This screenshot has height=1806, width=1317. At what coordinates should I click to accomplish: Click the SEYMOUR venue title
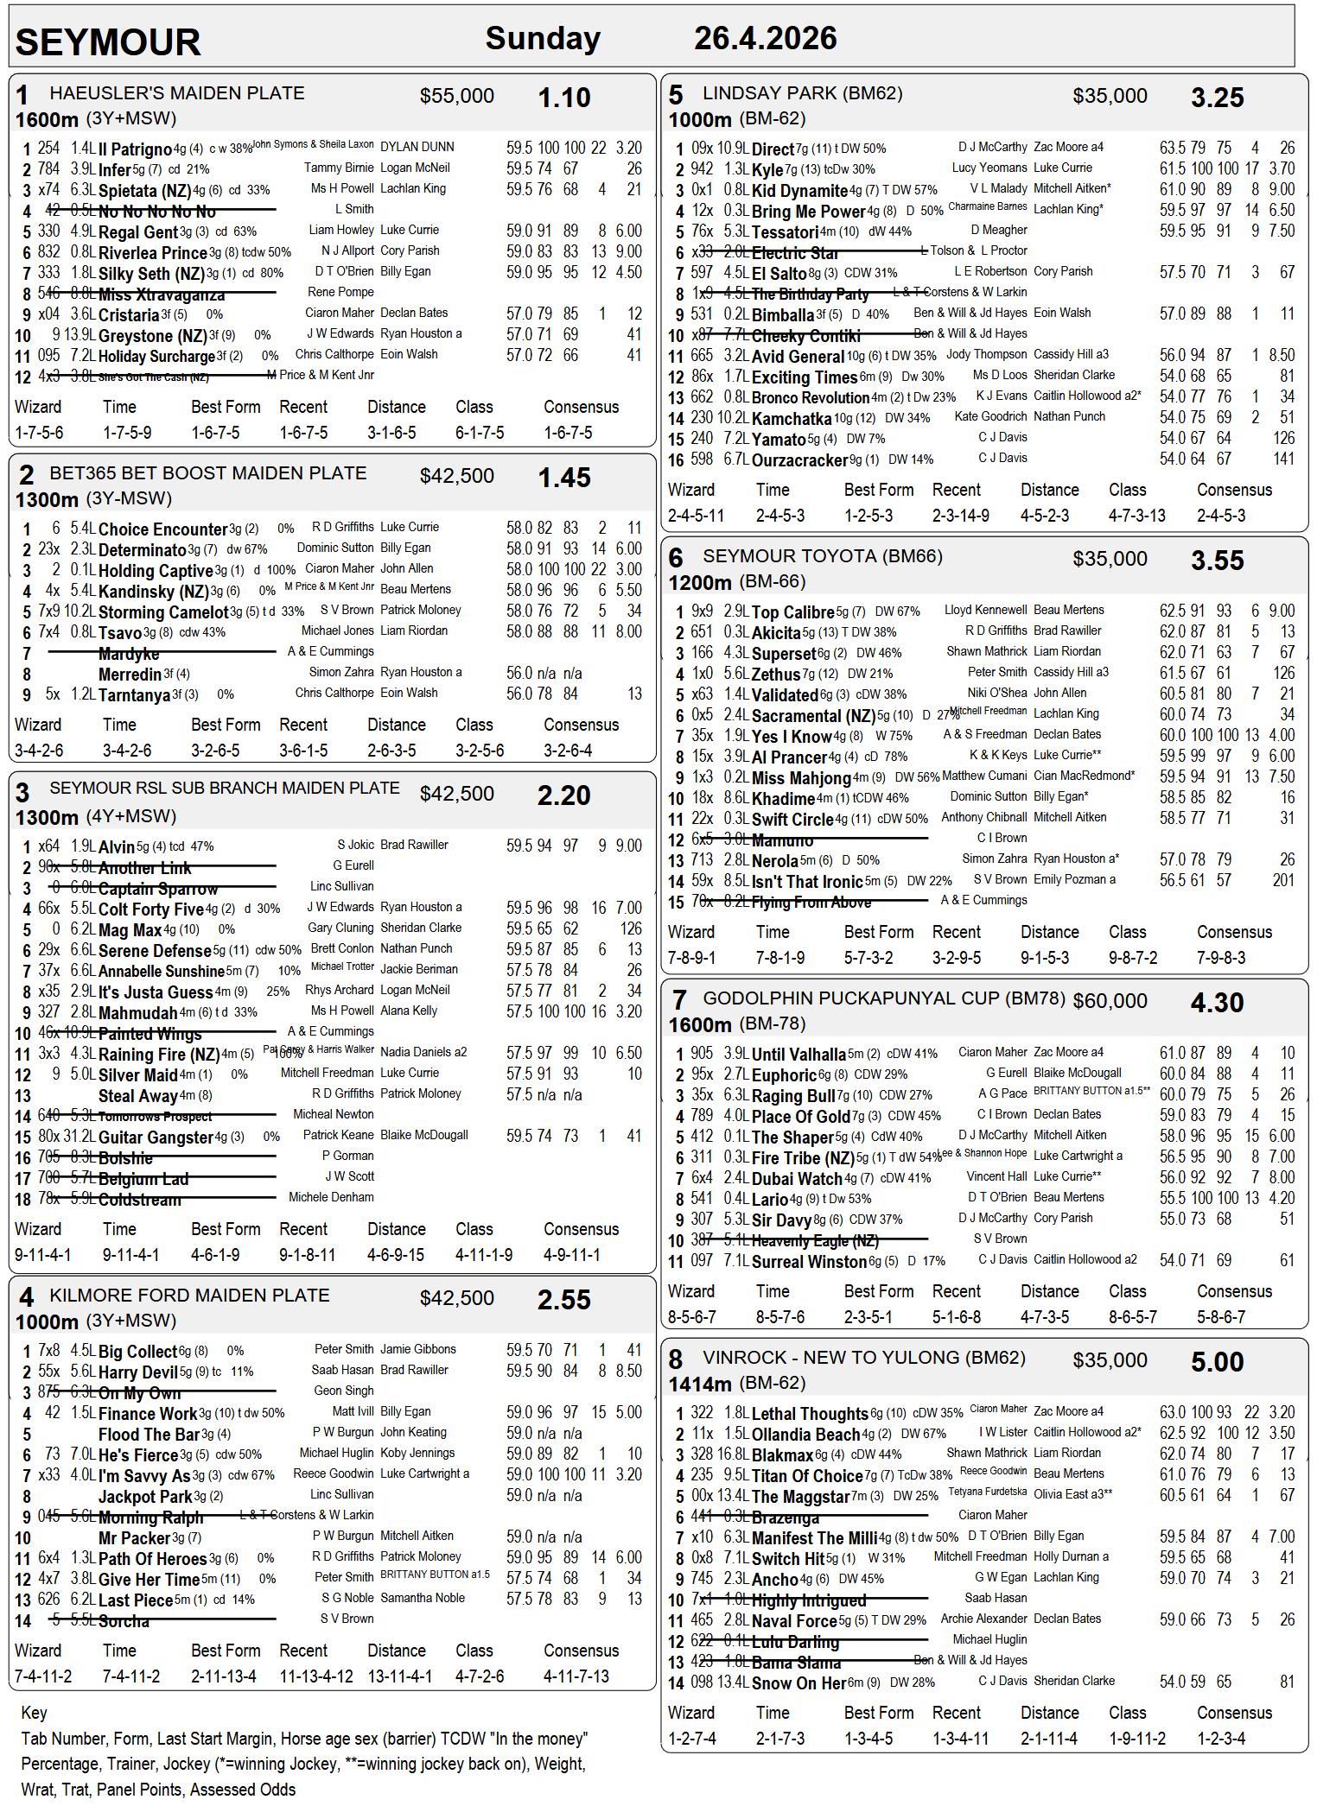click(108, 42)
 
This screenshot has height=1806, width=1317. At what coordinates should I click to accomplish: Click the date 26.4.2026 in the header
click(765, 38)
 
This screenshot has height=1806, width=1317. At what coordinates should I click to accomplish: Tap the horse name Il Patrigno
click(136, 149)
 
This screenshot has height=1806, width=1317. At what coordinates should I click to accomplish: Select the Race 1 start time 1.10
click(563, 98)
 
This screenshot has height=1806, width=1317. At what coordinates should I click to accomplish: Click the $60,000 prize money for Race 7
click(1110, 1001)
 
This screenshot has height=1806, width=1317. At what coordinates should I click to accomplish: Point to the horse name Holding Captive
click(156, 571)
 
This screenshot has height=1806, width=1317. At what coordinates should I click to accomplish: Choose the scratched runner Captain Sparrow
click(158, 889)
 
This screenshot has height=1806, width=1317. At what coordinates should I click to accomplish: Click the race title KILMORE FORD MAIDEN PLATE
click(189, 1296)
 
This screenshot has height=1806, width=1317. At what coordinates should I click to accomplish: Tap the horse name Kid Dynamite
click(799, 191)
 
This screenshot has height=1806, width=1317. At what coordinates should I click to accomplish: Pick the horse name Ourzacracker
click(800, 460)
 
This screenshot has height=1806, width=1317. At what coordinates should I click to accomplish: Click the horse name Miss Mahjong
click(801, 778)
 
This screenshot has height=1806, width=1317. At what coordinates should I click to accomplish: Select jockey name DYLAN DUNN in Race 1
click(417, 147)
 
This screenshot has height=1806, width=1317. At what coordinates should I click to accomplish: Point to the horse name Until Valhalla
click(798, 1055)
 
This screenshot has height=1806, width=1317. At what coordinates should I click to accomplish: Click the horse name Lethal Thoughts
click(810, 1414)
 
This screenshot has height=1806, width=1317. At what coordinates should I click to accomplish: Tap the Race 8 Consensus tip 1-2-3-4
click(1221, 1738)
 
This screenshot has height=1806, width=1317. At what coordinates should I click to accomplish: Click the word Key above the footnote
click(34, 1713)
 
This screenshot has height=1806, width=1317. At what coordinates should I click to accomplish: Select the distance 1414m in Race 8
click(700, 1384)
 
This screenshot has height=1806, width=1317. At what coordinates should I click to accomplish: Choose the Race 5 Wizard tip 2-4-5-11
click(696, 516)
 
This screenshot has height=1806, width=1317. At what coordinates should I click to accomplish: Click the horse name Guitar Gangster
click(156, 1137)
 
